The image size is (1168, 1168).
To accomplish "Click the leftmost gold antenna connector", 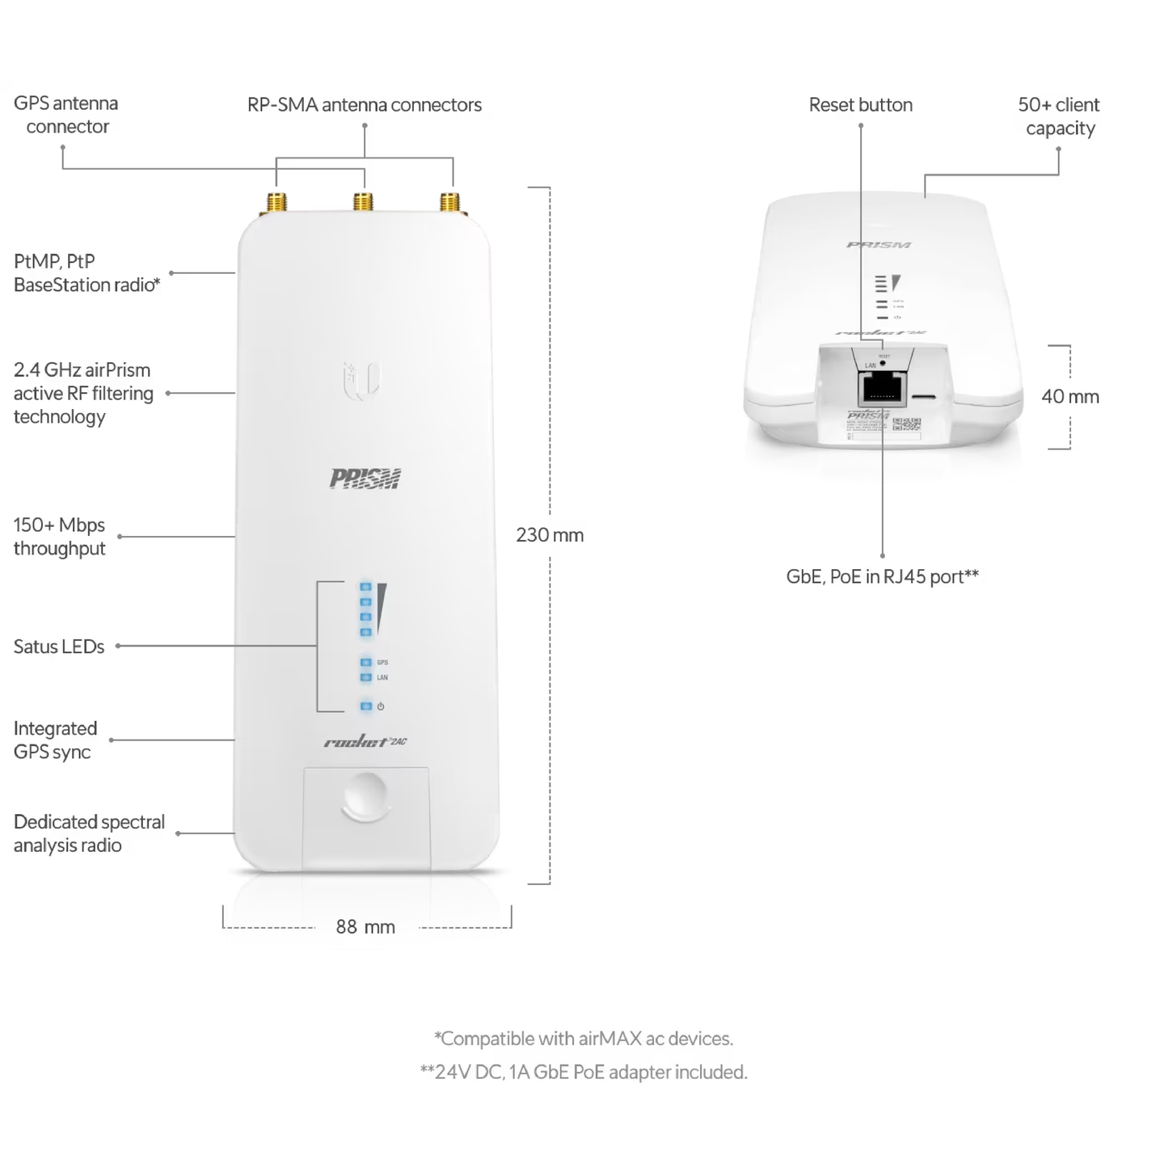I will [x=276, y=202].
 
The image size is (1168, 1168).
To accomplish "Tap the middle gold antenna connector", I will [x=363, y=202].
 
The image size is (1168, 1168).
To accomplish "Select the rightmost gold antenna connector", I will [x=450, y=202].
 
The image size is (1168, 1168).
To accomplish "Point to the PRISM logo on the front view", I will [x=365, y=479].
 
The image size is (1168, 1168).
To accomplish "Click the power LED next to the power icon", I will [x=366, y=706].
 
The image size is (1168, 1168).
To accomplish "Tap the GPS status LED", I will [x=366, y=663].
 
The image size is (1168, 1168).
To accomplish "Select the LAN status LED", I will [x=366, y=677].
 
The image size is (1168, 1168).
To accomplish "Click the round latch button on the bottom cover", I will [x=365, y=794].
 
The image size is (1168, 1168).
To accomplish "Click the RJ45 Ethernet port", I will [x=883, y=389].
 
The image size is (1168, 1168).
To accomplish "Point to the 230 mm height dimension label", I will [x=550, y=535].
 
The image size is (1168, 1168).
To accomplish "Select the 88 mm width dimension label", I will [x=365, y=927].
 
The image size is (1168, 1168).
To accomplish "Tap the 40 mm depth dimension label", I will [x=1070, y=397].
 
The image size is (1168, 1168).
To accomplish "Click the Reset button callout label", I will [x=860, y=105].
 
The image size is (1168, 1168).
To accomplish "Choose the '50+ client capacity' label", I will [x=1059, y=116].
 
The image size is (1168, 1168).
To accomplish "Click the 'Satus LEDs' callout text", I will [x=59, y=647].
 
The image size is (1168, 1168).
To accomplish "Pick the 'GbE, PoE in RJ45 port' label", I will [x=882, y=576].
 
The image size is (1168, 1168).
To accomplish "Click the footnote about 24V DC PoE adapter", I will [x=584, y=1072].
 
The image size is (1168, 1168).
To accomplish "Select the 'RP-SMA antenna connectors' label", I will [x=365, y=105].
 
